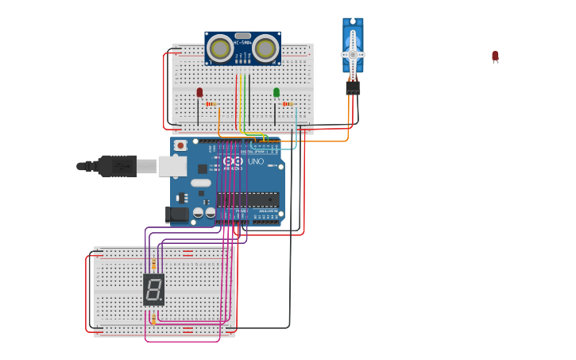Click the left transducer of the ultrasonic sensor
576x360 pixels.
(x=220, y=49)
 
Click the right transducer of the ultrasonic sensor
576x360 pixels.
(x=265, y=49)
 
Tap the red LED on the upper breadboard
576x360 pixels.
(x=199, y=93)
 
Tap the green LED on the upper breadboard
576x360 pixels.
(x=276, y=93)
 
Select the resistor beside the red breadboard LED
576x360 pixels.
(x=211, y=103)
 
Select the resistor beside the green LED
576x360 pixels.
(x=288, y=103)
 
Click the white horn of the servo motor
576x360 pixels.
(x=353, y=54)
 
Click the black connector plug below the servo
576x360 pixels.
(x=353, y=87)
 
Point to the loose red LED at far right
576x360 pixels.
(x=495, y=56)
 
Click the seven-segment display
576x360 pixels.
(x=153, y=289)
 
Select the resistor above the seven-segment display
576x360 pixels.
(x=153, y=265)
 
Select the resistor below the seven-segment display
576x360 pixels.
(x=153, y=319)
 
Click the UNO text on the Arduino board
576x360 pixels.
(x=256, y=161)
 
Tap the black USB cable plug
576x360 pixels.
(x=117, y=166)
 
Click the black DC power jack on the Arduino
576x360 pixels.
(x=178, y=214)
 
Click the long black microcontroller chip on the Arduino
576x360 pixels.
(x=248, y=199)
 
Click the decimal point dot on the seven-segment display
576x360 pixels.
(x=161, y=299)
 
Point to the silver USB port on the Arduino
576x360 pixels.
(x=172, y=166)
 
